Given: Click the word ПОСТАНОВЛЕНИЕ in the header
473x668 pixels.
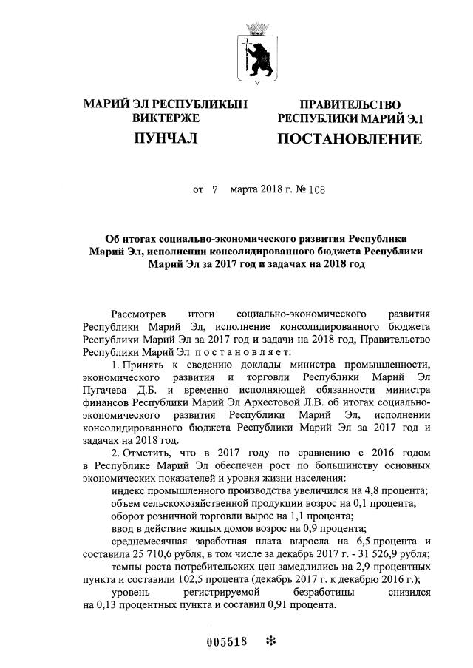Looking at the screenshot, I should [350, 139].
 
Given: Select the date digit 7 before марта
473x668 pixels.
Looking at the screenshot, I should [215, 189].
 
